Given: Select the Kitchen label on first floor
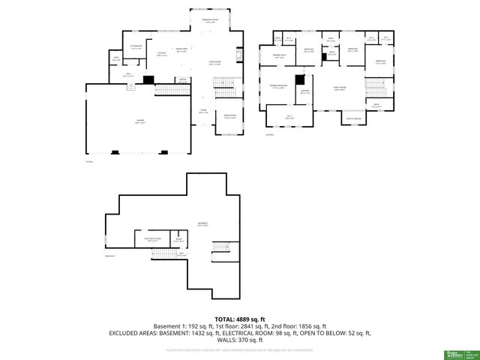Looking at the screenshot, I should pos(161,53).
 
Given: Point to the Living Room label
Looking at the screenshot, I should pos(214,64).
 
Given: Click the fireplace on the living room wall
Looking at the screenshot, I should pos(240,55).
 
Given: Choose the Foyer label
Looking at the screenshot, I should pos(202,112).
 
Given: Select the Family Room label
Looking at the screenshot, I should pos(339,88).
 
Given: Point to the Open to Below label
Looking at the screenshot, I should pos(353,118).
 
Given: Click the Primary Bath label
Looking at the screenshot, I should pos(279,57).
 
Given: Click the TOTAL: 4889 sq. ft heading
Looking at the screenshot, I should pos(239,319).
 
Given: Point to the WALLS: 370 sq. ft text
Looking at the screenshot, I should pos(239,340).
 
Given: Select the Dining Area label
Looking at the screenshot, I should pos(181,49).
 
